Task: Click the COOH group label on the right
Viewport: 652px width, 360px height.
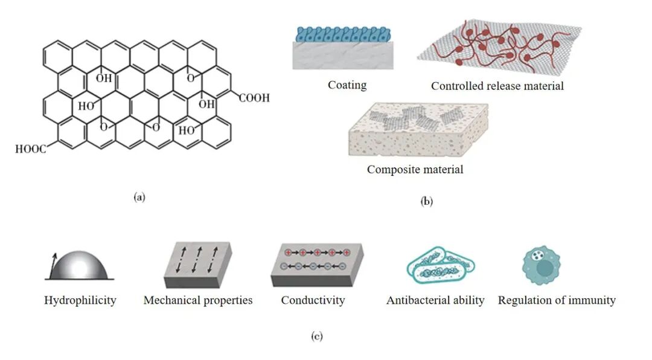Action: click(254, 98)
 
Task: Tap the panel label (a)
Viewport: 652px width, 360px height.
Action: click(139, 196)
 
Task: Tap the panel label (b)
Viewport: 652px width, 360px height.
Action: click(426, 202)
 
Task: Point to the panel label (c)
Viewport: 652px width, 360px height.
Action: click(316, 336)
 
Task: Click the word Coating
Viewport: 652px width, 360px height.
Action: click(347, 85)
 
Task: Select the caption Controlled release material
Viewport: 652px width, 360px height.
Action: click(497, 86)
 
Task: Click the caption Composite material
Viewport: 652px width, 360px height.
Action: click(415, 169)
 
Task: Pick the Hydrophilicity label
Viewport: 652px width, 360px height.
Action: click(80, 300)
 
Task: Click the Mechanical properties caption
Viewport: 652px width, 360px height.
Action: click(198, 300)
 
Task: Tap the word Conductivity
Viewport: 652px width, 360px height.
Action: click(313, 300)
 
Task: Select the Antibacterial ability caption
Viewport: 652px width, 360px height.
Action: click(435, 300)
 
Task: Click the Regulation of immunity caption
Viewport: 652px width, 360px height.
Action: click(557, 300)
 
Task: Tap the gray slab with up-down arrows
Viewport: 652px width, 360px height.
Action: click(196, 264)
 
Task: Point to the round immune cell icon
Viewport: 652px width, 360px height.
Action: click(541, 265)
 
